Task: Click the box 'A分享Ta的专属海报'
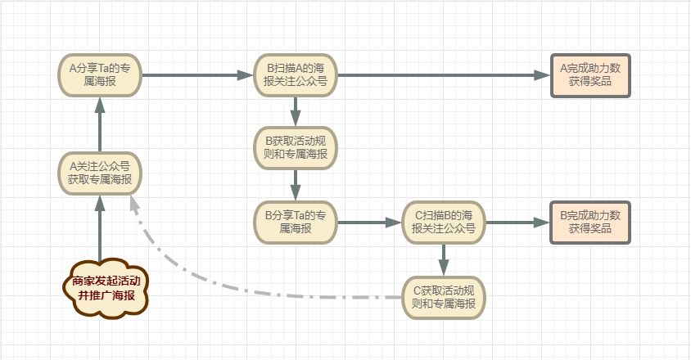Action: [x=99, y=74]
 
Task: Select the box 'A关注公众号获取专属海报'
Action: [x=99, y=173]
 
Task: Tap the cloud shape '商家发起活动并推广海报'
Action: [x=106, y=288]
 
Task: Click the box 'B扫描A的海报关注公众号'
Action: [x=296, y=74]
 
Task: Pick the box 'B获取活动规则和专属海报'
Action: [x=296, y=147]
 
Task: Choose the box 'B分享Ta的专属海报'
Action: [x=296, y=222]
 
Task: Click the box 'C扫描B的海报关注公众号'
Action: [x=443, y=222]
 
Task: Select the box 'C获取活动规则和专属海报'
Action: [x=443, y=296]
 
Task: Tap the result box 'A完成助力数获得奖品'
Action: [x=590, y=74]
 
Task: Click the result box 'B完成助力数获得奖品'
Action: [x=590, y=222]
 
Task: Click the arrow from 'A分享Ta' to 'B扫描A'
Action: [x=196, y=74]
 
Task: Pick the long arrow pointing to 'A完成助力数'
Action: [x=442, y=74]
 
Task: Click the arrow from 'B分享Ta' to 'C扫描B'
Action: [x=368, y=222]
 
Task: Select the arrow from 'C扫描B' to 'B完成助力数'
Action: [x=516, y=222]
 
